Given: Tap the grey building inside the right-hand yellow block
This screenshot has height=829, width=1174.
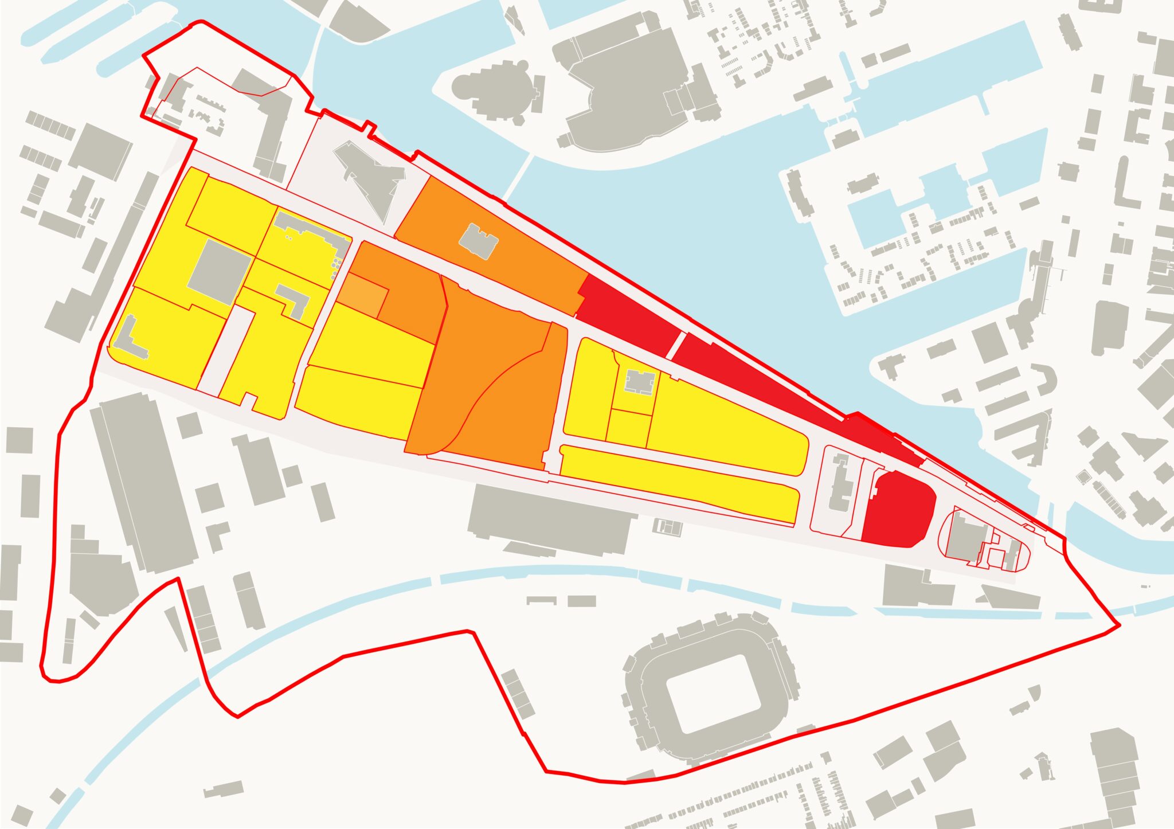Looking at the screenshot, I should point(639,382).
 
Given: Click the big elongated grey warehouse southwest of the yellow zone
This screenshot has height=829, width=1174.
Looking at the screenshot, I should point(143,482).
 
